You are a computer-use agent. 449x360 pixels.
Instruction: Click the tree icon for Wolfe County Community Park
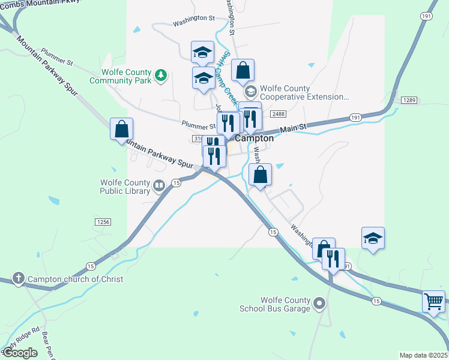click(x=160, y=75)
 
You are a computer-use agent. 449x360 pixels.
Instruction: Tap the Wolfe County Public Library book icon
click(x=159, y=185)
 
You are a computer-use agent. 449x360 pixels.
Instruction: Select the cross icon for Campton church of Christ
click(x=19, y=278)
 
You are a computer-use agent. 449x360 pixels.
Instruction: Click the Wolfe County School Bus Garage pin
click(x=319, y=304)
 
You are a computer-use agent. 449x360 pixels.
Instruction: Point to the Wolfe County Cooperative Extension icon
click(x=251, y=92)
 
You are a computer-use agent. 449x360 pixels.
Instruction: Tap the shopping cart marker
click(x=433, y=301)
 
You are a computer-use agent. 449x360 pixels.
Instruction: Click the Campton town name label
click(x=255, y=138)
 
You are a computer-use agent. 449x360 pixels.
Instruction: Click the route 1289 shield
click(x=409, y=100)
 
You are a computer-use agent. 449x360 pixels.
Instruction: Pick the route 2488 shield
click(x=277, y=113)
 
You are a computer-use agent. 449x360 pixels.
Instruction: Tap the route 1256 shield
click(x=103, y=222)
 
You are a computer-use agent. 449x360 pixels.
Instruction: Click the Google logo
click(x=20, y=353)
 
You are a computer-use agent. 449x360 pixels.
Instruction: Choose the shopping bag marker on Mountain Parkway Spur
click(x=121, y=128)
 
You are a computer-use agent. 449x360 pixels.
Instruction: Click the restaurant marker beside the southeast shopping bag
click(x=333, y=259)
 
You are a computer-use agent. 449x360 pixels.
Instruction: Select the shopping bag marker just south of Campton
click(x=261, y=175)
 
